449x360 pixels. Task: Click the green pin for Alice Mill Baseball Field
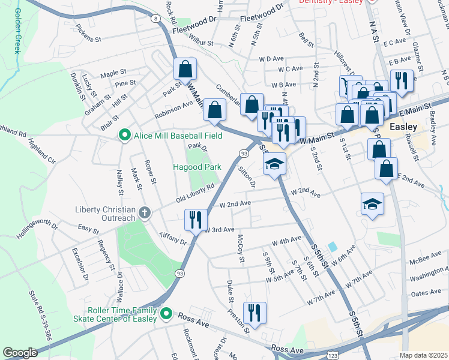[125, 136]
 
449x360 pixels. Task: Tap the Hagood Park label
[197, 167]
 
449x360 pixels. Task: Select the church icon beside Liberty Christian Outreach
[145, 213]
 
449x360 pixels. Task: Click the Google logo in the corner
[20, 353]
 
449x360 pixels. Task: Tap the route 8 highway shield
[156, 19]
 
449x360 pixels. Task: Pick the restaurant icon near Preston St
[255, 313]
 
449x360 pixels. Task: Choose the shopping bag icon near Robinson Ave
[214, 110]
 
